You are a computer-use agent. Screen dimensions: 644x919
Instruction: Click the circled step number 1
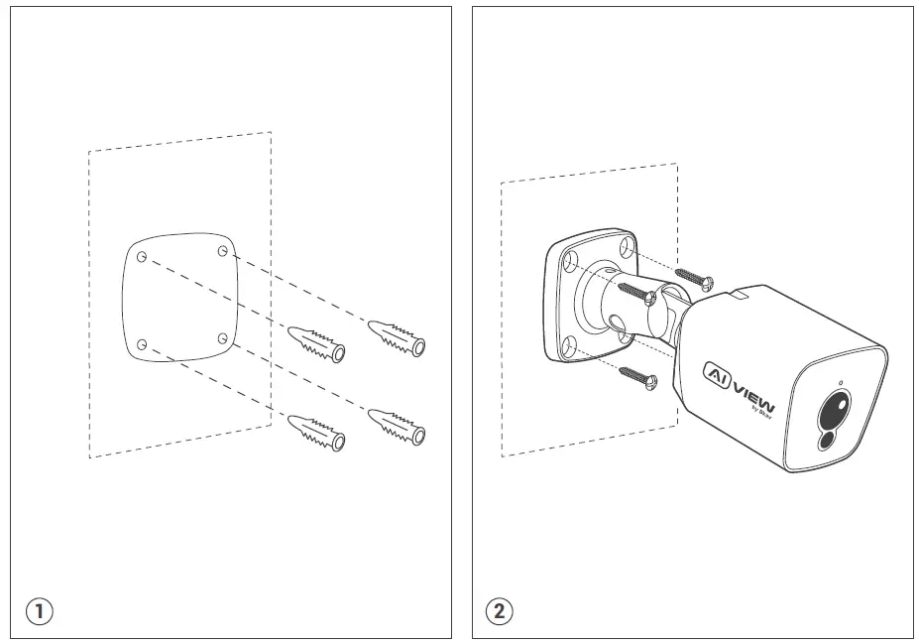40,610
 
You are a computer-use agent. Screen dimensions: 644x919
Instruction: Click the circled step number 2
500,610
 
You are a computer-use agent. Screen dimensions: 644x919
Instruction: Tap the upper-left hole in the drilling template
143,257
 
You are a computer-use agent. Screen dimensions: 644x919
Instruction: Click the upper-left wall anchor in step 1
317,343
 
